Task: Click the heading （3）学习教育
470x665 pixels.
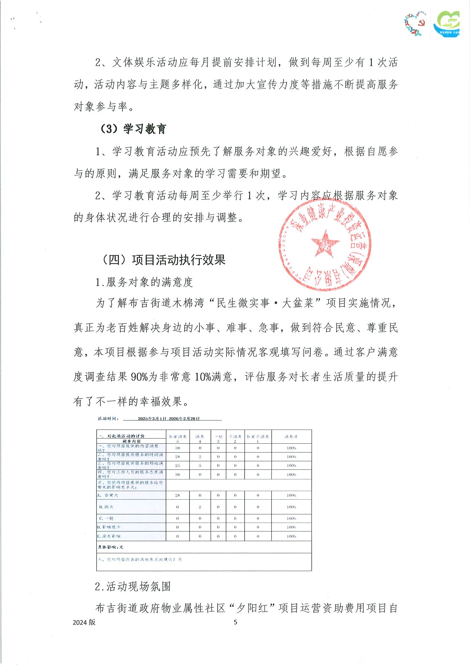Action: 133,129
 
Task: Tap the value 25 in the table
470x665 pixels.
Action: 178,465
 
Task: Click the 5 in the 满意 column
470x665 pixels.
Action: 200,465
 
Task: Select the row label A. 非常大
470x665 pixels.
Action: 108,495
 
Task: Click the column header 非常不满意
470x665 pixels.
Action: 258,437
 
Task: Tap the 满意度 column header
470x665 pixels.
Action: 291,437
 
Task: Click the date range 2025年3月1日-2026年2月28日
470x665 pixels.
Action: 169,419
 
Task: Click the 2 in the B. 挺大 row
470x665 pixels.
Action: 200,507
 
